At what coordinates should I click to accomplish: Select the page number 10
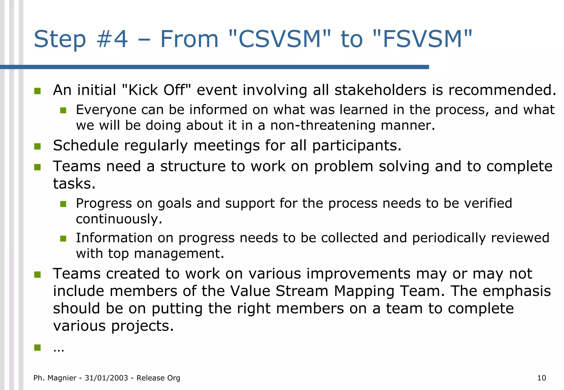click(541, 378)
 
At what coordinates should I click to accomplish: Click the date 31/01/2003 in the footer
click(106, 378)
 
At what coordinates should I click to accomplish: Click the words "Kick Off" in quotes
click(156, 90)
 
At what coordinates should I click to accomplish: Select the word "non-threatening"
click(323, 125)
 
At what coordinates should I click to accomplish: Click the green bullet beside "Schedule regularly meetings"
click(37, 146)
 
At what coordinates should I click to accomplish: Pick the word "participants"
click(356, 146)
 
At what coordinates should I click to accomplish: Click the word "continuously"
click(119, 219)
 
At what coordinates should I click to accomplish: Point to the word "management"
click(179, 253)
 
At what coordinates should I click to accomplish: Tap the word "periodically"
click(449, 238)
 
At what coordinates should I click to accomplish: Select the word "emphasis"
click(517, 291)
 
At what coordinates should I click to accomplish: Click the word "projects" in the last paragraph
click(142, 326)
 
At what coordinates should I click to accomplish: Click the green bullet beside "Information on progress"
click(63, 238)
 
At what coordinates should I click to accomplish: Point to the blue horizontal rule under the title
click(215, 67)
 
